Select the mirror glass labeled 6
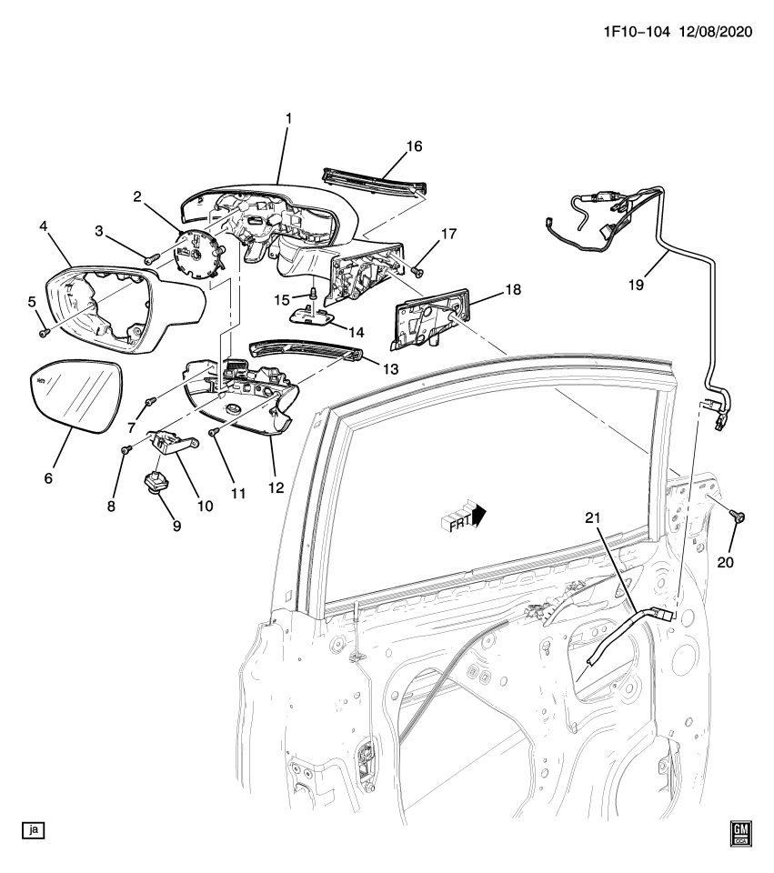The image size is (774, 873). (x=76, y=398)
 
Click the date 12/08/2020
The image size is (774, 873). (x=717, y=31)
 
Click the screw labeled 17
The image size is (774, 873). (x=415, y=269)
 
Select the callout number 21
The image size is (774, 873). (x=594, y=518)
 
